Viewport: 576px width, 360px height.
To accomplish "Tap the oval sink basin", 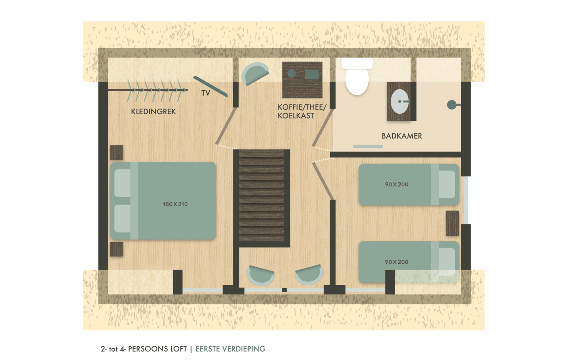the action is click(400, 101).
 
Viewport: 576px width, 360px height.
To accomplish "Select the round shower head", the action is click(451, 105).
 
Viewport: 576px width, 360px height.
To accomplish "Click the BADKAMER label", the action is click(402, 136).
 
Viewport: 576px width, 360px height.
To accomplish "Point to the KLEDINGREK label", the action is click(153, 112).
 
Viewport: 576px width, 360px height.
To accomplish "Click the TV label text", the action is click(205, 93).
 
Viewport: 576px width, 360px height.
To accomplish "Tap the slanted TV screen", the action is click(210, 86).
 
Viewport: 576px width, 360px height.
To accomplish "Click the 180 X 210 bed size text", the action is click(175, 204).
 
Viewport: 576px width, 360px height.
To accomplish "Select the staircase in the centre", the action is click(262, 198).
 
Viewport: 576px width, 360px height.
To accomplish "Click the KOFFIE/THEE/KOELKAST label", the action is click(302, 111).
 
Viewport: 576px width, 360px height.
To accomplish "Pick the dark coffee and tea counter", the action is click(302, 80).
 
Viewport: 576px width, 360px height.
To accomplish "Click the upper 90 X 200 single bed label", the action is click(397, 184).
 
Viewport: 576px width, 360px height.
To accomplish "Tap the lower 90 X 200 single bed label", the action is click(397, 262).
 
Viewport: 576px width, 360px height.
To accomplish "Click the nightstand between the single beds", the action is click(452, 223).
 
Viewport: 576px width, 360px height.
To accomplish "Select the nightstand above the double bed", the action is click(117, 152).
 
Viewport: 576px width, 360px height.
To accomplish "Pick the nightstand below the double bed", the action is click(117, 249).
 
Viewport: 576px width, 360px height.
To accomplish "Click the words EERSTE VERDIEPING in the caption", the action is click(230, 349).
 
